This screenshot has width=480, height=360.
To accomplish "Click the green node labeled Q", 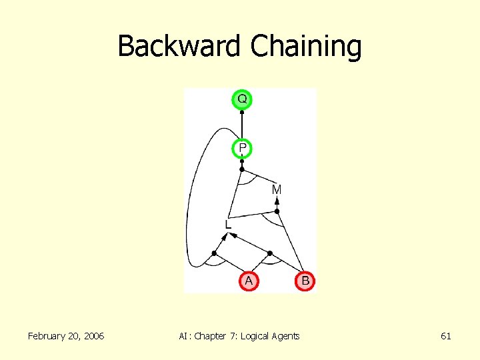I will (242, 99).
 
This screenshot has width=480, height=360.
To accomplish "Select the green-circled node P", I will (242, 147).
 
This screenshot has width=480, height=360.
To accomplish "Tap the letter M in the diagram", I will (277, 190).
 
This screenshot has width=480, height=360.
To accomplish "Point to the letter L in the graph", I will (228, 225).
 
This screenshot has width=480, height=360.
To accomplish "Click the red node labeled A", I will (248, 281).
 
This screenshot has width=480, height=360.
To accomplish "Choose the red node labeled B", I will (305, 281).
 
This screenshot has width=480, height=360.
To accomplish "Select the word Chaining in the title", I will (306, 47).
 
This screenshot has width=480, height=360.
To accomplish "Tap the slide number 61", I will (446, 336).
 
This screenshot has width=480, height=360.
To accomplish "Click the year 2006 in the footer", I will (92, 336).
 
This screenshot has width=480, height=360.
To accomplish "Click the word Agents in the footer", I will (285, 336).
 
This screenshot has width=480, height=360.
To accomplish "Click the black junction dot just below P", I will (242, 169).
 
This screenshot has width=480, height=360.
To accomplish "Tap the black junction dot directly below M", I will (277, 211).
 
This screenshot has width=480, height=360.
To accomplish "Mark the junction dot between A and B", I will (269, 253).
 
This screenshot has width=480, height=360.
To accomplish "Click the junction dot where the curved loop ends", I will (214, 253).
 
